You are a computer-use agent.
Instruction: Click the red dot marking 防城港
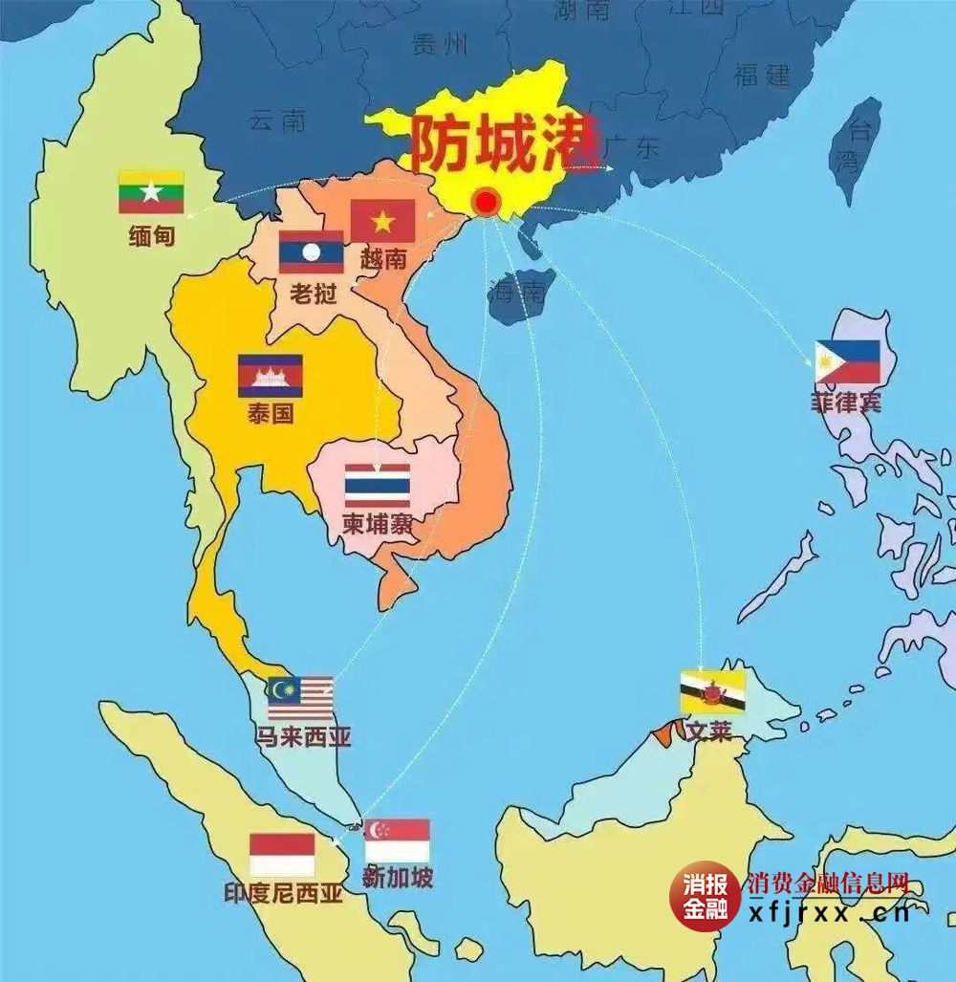(x=487, y=202)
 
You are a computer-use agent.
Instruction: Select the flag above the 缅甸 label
(x=151, y=192)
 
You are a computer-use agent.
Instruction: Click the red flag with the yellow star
(x=382, y=221)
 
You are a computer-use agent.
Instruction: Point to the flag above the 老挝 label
(x=311, y=252)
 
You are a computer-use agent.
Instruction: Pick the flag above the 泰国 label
(x=271, y=376)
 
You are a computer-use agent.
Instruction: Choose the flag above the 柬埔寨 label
(x=378, y=486)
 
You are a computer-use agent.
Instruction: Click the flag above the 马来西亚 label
(x=300, y=699)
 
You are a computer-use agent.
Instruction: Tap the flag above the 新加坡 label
(x=397, y=840)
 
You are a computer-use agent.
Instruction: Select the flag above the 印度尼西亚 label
(x=282, y=855)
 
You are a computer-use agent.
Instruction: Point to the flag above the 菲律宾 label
(x=848, y=362)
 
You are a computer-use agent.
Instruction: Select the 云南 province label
(x=277, y=120)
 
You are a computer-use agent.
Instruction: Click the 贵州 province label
(x=439, y=44)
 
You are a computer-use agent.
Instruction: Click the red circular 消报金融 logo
(x=705, y=896)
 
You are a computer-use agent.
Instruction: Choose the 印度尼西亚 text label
(x=283, y=894)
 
